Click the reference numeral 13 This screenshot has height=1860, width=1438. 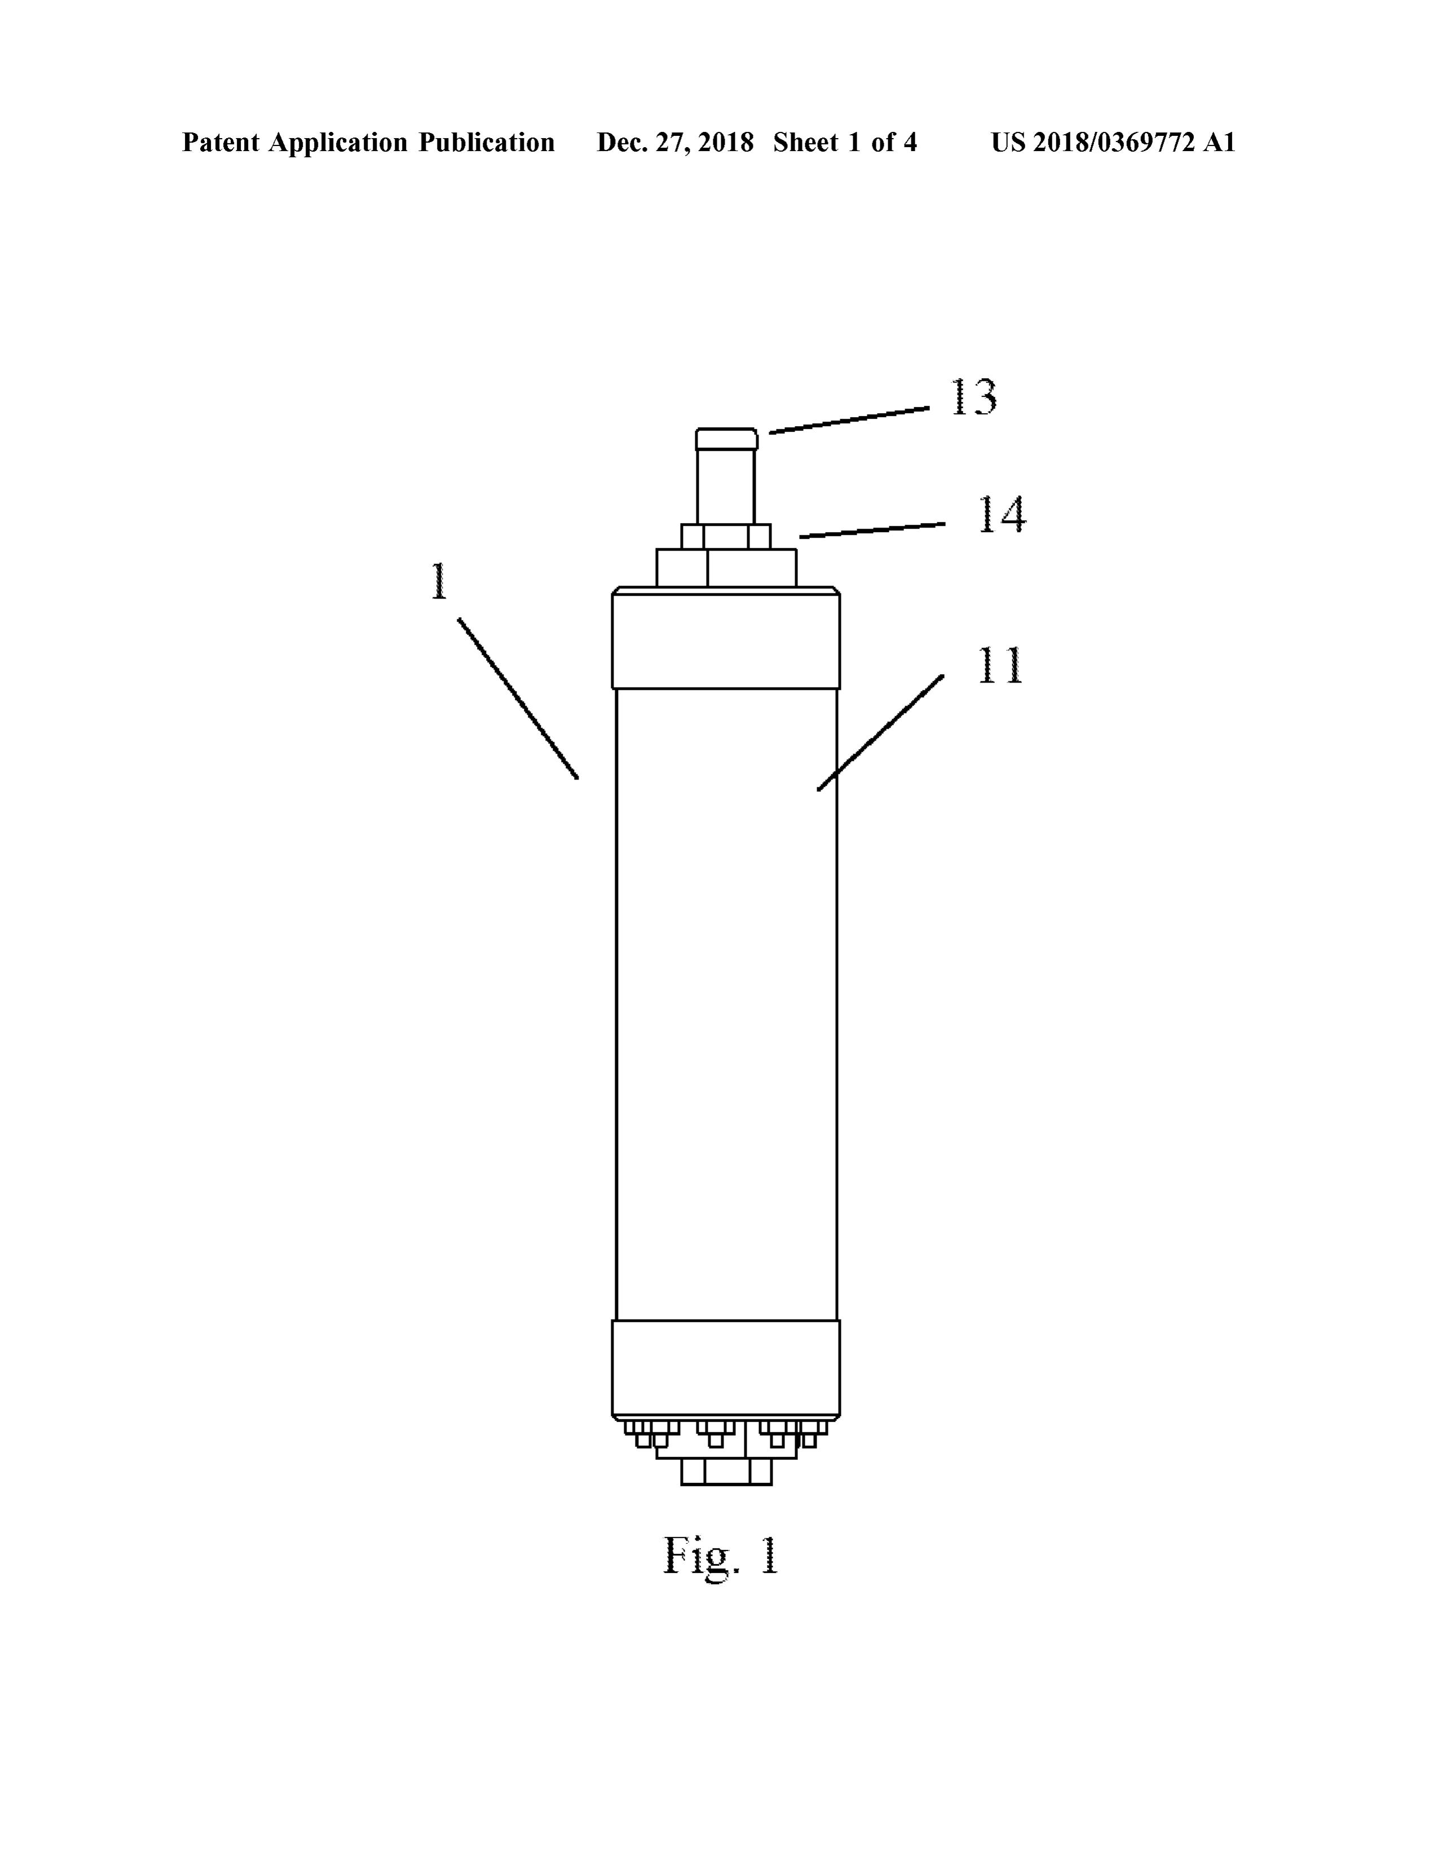tap(973, 397)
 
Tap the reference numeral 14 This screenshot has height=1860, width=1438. tap(1002, 515)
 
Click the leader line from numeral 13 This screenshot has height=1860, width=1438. tap(849, 420)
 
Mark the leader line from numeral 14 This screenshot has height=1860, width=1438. tap(872, 530)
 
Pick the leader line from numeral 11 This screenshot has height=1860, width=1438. tap(881, 732)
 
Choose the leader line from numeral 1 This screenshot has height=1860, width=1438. tap(518, 698)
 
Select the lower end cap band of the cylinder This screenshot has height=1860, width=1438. tap(726, 1370)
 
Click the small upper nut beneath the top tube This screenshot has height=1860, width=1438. tap(726, 537)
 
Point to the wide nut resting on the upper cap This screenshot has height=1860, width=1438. tap(726, 568)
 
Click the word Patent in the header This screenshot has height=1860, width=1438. tap(220, 142)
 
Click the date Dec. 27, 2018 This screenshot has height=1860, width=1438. tap(674, 142)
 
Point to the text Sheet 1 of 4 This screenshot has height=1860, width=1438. tap(845, 142)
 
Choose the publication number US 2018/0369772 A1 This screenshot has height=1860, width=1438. tap(1113, 142)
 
